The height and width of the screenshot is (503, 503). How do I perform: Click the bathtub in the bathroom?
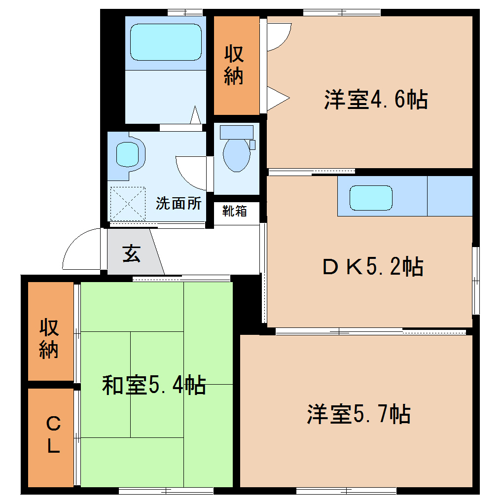click(x=166, y=42)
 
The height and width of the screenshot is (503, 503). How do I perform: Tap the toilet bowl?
click(x=236, y=155)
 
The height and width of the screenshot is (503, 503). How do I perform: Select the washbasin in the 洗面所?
click(x=127, y=155)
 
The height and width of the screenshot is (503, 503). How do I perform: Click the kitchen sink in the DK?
click(x=371, y=198)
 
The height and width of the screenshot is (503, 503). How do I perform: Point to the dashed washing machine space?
click(x=128, y=204)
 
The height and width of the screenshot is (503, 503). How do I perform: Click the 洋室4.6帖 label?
click(x=376, y=100)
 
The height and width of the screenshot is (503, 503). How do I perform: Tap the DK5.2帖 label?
click(x=373, y=266)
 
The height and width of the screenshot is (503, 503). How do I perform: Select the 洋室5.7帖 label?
click(x=359, y=414)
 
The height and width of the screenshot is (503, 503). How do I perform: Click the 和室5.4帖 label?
click(x=154, y=385)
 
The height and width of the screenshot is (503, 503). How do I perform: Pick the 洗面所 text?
click(x=179, y=203)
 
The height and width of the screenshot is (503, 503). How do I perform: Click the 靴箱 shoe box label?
click(x=235, y=211)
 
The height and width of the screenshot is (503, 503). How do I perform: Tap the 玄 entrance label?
click(x=132, y=254)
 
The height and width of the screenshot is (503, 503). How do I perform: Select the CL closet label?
click(x=53, y=434)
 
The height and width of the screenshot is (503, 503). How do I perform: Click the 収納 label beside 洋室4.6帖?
click(x=234, y=65)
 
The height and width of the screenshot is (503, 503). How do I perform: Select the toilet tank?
click(x=236, y=132)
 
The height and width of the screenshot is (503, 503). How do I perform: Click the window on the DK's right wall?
click(x=476, y=281)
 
